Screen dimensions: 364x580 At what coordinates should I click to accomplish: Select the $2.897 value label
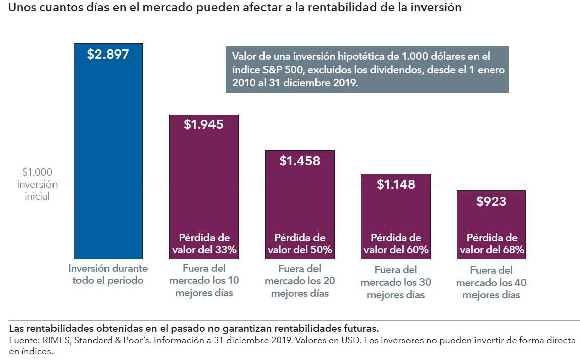[108, 54]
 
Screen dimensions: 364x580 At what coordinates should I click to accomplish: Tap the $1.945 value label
[203, 124]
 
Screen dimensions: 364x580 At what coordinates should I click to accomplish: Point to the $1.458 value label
[300, 161]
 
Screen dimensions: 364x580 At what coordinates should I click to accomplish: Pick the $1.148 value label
[396, 184]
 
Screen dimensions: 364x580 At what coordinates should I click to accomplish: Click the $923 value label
[491, 202]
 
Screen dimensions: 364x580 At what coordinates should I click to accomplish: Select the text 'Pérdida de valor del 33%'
[204, 244]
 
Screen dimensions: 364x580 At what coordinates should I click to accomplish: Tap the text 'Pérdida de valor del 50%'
[300, 244]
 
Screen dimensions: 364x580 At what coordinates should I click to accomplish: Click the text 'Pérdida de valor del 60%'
[396, 244]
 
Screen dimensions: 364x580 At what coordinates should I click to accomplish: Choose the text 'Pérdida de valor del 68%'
[492, 244]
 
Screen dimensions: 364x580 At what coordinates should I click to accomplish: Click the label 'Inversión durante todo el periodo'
[108, 274]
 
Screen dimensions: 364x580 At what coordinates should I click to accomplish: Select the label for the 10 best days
[204, 280]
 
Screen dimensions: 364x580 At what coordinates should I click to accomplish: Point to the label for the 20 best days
[300, 281]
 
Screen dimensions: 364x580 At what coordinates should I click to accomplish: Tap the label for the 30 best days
[396, 282]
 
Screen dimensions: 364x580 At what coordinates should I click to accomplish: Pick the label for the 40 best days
[492, 283]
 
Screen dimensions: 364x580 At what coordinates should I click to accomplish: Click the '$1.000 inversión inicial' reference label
[37, 184]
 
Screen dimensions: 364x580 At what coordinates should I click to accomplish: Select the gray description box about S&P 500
[367, 70]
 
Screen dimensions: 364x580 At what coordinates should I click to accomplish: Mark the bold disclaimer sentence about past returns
[194, 329]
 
